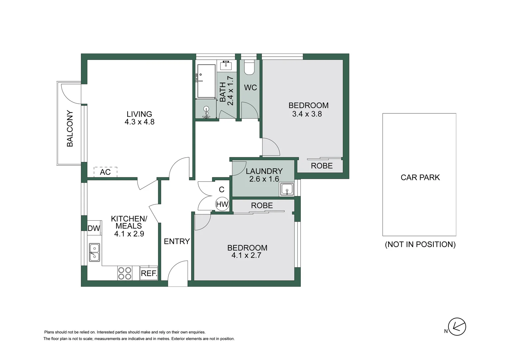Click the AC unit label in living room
[x=105, y=172]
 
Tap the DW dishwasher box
[x=94, y=228]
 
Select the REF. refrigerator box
[x=149, y=273]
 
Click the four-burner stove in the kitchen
[x=125, y=273]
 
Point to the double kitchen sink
[x=94, y=252]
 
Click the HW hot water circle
[x=222, y=204]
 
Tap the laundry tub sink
[x=286, y=190]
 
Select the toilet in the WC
[x=249, y=68]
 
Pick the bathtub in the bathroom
[x=206, y=81]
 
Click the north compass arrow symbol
[x=457, y=327]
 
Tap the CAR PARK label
[x=420, y=177]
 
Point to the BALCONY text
[x=70, y=129]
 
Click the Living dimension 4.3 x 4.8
[x=139, y=122]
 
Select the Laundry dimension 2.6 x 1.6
[x=264, y=179]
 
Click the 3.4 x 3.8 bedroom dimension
[x=307, y=114]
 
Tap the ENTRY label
[x=177, y=241]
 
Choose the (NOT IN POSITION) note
[x=420, y=244]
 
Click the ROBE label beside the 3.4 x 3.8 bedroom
[x=321, y=166]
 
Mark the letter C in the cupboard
[x=222, y=190]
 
